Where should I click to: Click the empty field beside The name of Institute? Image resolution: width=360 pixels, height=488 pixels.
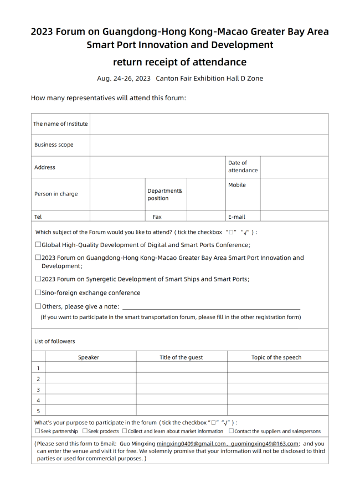click(x=209, y=124)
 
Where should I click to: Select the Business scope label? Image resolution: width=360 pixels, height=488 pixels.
click(x=54, y=145)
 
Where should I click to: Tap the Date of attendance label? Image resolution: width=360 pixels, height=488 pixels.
click(x=243, y=167)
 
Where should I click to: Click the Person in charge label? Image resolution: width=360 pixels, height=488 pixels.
click(x=56, y=194)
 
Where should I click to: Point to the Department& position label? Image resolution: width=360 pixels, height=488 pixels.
click(x=164, y=194)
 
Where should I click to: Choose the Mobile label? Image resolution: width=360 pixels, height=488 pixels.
click(x=237, y=185)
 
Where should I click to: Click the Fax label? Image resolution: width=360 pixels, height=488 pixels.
click(x=157, y=217)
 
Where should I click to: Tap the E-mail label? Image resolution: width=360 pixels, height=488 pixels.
click(x=236, y=217)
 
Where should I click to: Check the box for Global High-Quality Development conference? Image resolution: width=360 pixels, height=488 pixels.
click(x=38, y=245)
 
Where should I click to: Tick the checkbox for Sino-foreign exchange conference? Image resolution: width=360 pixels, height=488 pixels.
click(x=38, y=292)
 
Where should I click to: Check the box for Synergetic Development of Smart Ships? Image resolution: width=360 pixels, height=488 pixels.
click(x=38, y=279)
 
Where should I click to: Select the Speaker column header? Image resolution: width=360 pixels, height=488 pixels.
click(x=89, y=357)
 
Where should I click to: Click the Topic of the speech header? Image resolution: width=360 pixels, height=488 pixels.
click(x=276, y=357)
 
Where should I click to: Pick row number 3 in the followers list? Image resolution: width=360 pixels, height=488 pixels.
click(x=38, y=389)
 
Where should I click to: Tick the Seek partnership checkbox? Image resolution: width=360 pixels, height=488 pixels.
click(x=38, y=431)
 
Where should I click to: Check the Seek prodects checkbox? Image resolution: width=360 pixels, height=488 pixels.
click(x=85, y=431)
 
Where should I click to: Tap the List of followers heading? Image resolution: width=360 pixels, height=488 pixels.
click(x=55, y=341)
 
